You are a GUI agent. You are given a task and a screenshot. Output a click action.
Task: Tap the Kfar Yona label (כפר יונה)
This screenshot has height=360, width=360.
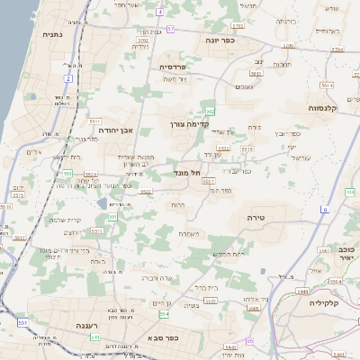coord(220,40)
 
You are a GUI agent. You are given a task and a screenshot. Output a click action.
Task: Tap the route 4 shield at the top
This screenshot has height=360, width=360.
coord(159,12)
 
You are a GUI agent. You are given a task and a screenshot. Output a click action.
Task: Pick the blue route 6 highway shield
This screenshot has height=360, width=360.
coord(324,210)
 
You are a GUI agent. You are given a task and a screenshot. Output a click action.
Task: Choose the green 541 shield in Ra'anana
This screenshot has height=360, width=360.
coord(94,337)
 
